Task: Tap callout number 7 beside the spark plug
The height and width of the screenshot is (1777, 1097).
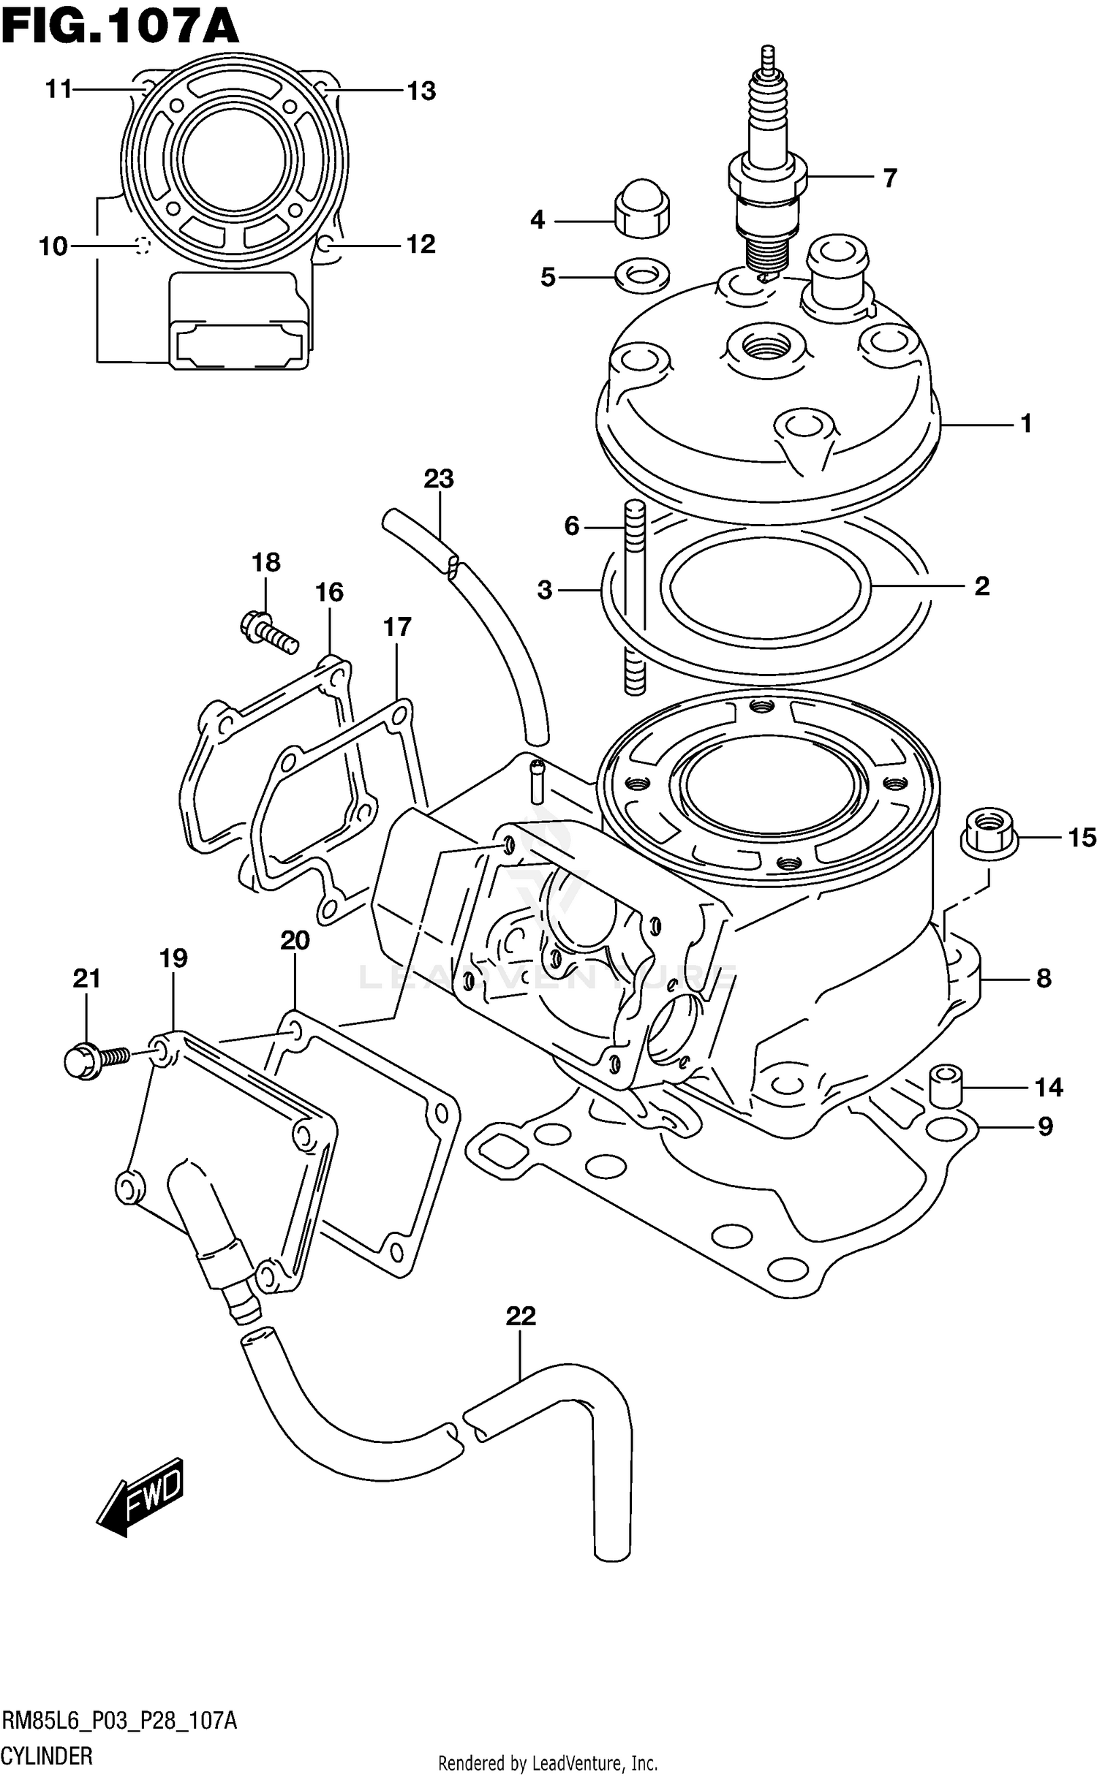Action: click(x=889, y=178)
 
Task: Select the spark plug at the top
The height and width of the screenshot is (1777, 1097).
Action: click(x=768, y=168)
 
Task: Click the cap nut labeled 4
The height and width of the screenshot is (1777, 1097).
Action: click(x=642, y=207)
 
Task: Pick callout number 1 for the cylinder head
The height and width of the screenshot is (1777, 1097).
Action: click(x=1025, y=423)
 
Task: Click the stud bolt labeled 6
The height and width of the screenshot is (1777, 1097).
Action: click(x=635, y=596)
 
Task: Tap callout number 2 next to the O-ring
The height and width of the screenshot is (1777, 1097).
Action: click(x=981, y=586)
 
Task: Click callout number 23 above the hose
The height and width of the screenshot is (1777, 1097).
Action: click(x=439, y=480)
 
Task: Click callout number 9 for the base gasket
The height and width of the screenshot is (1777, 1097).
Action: click(x=1045, y=1126)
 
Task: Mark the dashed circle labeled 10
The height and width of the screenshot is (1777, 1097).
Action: click(x=142, y=246)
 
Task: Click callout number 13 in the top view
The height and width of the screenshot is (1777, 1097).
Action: click(x=421, y=91)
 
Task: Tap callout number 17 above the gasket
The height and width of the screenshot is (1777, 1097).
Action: click(x=397, y=626)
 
